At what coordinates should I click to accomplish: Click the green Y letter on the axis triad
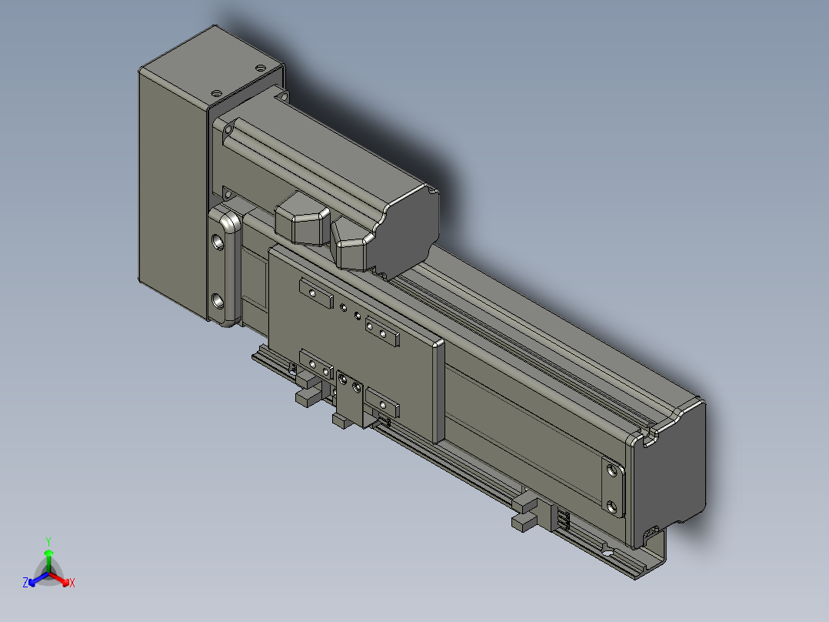click(x=48, y=541)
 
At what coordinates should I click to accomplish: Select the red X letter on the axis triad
click(x=72, y=583)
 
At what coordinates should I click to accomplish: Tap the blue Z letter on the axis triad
click(x=25, y=583)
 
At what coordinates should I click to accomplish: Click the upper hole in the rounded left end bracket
click(x=218, y=242)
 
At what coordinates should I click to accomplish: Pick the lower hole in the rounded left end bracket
click(x=218, y=301)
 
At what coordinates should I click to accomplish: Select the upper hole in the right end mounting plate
click(x=612, y=470)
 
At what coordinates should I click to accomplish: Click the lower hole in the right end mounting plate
click(x=612, y=507)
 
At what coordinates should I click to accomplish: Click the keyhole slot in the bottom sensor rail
click(x=608, y=552)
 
